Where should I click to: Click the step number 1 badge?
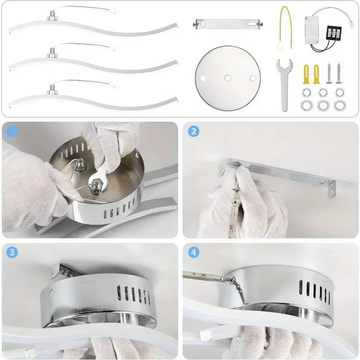(x=12, y=131)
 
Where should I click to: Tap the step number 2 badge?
(x=194, y=131)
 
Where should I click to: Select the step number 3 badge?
(x=12, y=252)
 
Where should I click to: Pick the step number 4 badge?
(x=194, y=252)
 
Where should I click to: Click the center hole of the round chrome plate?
(x=228, y=77)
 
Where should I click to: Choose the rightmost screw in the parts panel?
(x=339, y=73)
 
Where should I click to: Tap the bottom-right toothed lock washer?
(x=339, y=105)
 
